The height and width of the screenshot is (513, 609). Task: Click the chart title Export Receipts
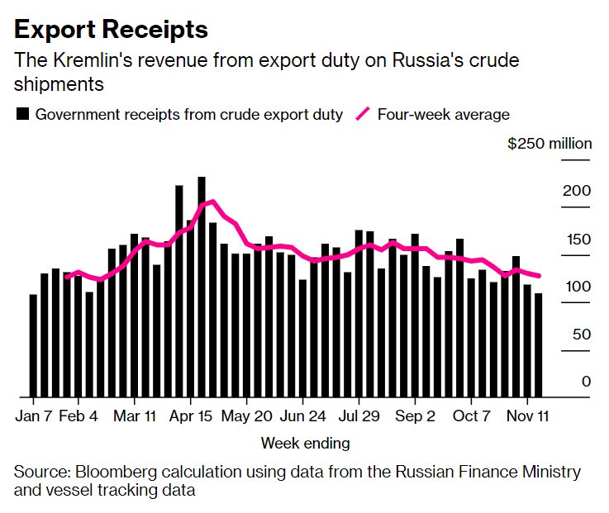click(x=111, y=31)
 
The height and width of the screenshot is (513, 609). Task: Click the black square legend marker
click(x=22, y=115)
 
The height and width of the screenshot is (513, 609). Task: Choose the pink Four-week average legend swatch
click(x=362, y=115)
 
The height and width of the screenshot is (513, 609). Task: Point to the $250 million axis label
click(x=550, y=144)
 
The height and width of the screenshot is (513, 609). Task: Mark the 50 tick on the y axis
click(x=582, y=335)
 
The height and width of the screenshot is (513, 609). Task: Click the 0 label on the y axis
click(x=586, y=382)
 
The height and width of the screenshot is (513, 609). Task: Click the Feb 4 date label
click(x=79, y=415)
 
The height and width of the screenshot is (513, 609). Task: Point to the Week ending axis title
click(x=305, y=444)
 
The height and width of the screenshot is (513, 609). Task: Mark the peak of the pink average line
click(x=213, y=201)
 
